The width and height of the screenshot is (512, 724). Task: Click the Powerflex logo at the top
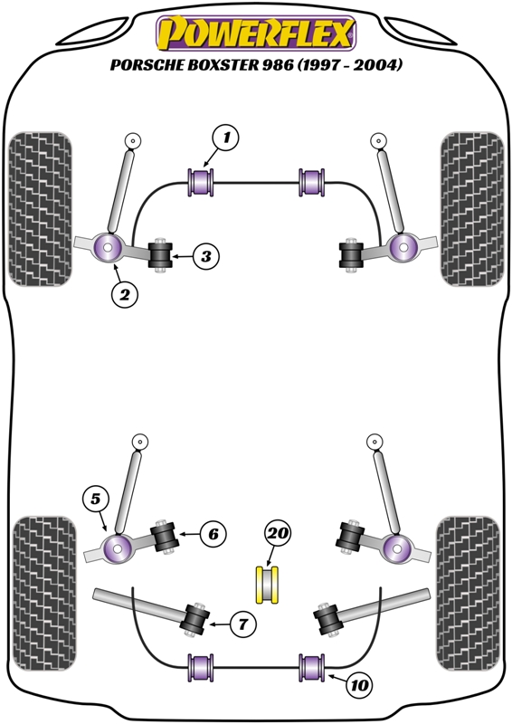point(256,33)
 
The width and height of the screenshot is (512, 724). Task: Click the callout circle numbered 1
point(226,138)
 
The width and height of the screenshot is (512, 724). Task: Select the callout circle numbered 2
point(125,294)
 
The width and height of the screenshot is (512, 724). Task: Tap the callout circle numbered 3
point(206,256)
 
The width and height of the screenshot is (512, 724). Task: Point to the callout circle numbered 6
point(213,534)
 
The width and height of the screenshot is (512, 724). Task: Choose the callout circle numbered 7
point(242,625)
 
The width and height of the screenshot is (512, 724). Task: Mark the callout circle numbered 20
point(278,534)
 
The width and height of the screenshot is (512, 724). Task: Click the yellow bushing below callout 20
point(268,585)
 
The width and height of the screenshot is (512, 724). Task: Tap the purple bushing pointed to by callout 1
point(201,183)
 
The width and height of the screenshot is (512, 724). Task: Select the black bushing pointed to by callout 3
point(160,255)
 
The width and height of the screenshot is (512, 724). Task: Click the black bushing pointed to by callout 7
point(194,620)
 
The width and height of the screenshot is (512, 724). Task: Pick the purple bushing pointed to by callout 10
point(313,668)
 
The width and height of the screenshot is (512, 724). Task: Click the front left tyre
point(40,209)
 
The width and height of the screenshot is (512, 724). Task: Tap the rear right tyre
point(469,594)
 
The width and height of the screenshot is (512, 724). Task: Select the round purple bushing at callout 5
point(118,548)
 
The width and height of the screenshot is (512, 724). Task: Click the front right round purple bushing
point(403,247)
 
